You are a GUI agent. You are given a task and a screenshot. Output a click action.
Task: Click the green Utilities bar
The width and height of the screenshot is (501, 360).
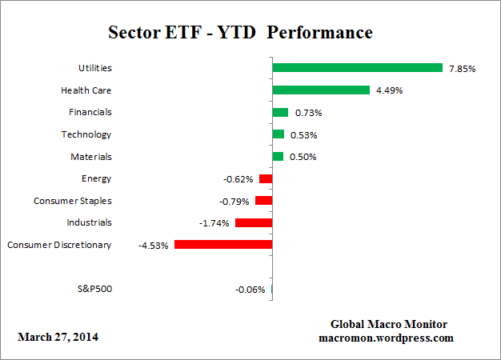[x=357, y=68]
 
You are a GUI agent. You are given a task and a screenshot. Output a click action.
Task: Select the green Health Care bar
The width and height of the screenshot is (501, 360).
[x=320, y=90]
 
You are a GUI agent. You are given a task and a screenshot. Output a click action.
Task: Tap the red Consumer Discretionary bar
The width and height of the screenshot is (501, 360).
[x=223, y=245]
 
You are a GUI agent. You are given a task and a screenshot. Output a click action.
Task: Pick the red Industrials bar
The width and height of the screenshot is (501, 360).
[x=254, y=222]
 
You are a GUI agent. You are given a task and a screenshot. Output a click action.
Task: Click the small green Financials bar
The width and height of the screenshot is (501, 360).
[x=280, y=112]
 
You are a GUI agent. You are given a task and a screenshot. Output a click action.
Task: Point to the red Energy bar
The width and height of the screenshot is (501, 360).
[x=266, y=178]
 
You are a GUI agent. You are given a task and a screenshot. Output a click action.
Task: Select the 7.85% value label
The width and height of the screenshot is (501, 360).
[x=462, y=69]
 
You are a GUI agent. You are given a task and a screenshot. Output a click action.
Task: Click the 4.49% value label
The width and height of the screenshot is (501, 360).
[x=389, y=90]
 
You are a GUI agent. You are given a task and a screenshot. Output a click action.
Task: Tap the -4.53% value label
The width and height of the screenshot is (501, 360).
[x=154, y=246]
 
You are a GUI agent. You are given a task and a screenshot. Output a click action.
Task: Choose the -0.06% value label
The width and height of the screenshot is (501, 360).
[x=250, y=290]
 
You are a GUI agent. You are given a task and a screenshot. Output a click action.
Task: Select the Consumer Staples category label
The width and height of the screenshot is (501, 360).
[x=73, y=200]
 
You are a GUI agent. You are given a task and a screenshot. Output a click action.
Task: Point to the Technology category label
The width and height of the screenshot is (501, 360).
[x=86, y=134]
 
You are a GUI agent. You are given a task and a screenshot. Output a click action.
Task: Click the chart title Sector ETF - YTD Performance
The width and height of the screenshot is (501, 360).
[x=240, y=33]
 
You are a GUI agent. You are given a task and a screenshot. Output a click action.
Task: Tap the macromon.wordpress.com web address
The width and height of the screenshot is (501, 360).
[x=387, y=338]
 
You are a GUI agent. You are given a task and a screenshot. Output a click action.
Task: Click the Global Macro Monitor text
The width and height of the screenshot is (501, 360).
[x=389, y=324]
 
